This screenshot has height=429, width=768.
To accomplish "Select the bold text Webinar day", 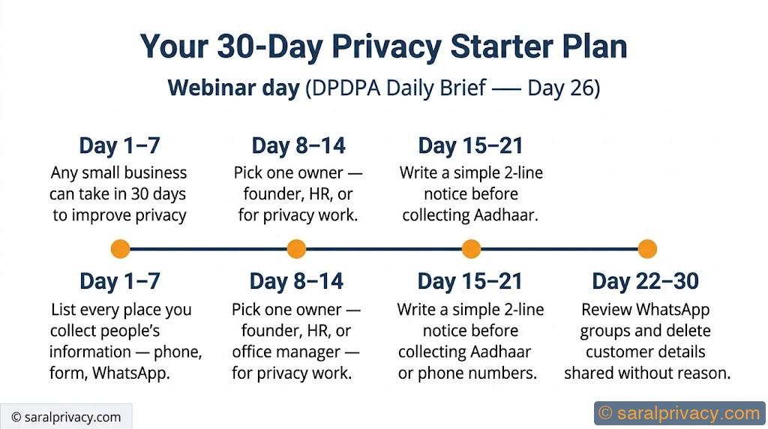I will tap(233, 88).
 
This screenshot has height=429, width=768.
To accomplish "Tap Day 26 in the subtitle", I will tap(559, 88).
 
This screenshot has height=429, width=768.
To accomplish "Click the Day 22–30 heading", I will tap(645, 281).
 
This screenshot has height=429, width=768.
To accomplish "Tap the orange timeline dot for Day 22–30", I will tap(646, 249).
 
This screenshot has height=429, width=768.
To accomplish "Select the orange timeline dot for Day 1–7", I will tap(120, 249).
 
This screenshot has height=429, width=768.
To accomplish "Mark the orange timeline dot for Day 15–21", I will tap(471, 249).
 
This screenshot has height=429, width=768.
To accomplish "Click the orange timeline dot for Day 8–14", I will tap(296, 249).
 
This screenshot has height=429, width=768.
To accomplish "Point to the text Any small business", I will tap(118, 172).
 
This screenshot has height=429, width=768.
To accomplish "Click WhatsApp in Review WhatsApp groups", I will tap(672, 310).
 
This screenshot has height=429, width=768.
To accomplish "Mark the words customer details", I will tap(646, 352).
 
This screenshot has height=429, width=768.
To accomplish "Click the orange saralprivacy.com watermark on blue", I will tap(679, 413).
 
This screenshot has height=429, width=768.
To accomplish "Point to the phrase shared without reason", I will tap(647, 373).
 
